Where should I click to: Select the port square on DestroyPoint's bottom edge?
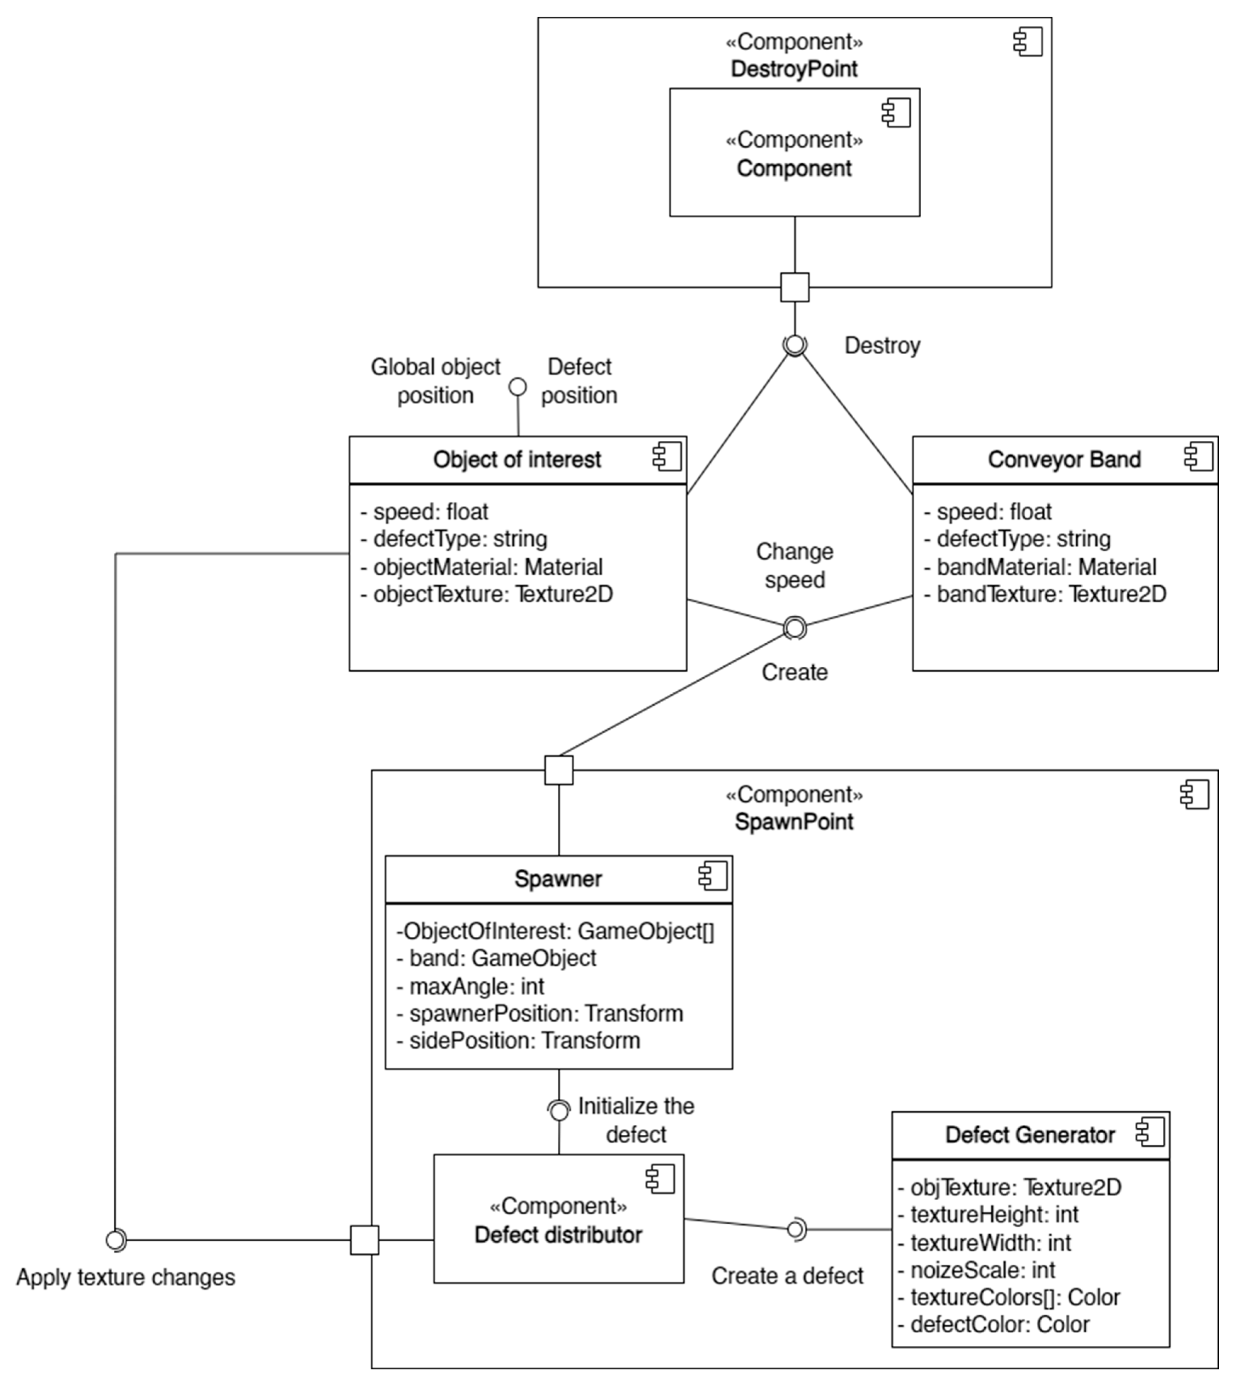795,287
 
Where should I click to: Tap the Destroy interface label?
882,346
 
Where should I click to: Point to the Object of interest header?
517,460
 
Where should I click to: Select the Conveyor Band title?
1064,460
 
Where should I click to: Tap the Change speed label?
795,565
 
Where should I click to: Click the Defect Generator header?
1030,1135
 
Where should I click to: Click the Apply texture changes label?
125,1277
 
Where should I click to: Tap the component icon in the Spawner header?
712,876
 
